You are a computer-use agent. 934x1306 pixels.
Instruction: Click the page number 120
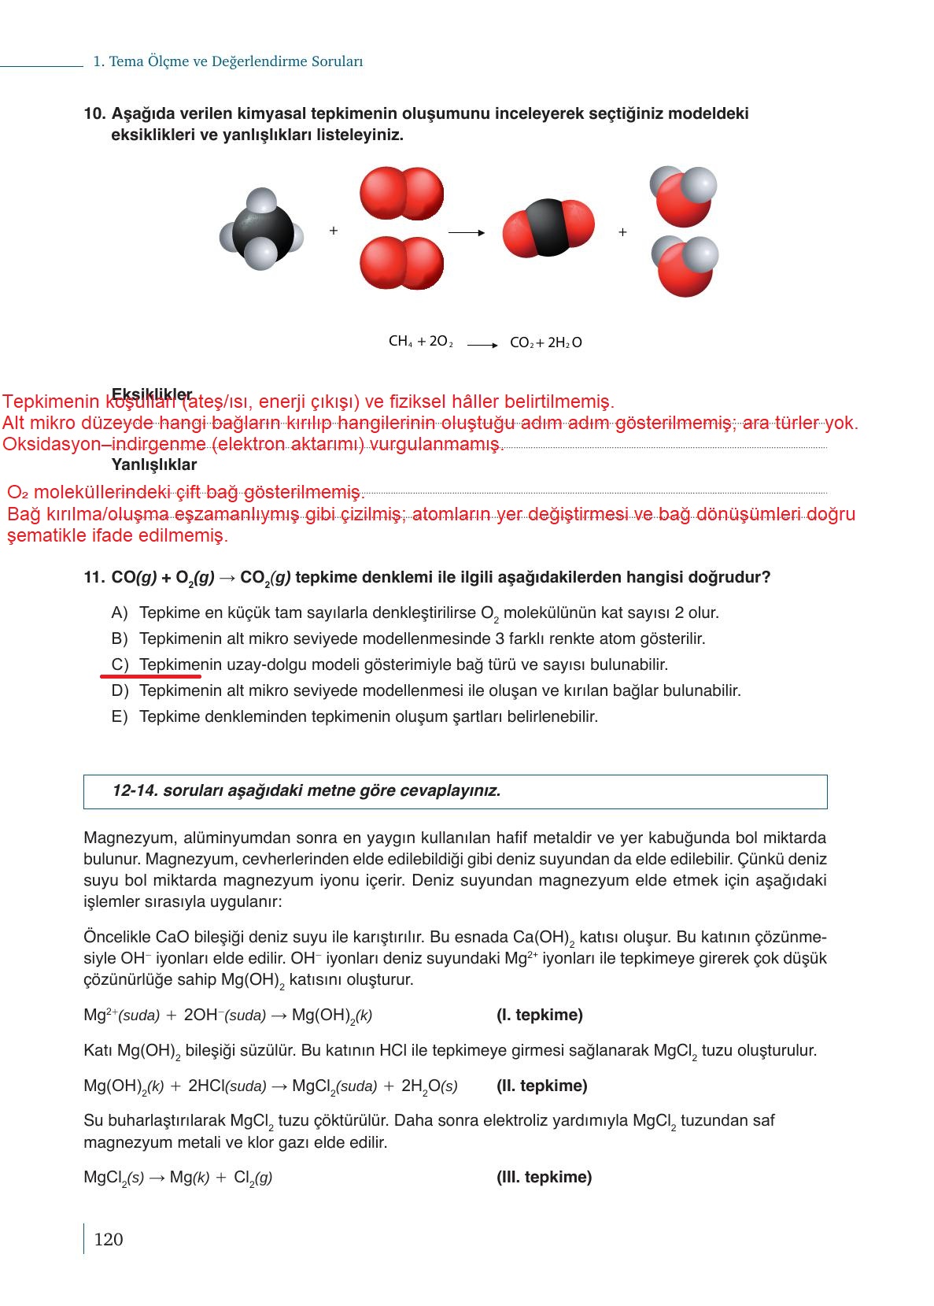click(109, 1239)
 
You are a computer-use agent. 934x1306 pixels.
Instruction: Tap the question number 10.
click(94, 114)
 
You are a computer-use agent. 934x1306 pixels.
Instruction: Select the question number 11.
click(94, 578)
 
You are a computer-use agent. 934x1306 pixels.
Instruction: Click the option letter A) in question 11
click(120, 612)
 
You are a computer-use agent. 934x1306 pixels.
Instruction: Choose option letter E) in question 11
click(120, 717)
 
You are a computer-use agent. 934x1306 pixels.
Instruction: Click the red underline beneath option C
click(150, 675)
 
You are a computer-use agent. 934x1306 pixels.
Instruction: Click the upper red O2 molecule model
click(401, 194)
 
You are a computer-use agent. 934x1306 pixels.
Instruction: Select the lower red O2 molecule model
click(401, 263)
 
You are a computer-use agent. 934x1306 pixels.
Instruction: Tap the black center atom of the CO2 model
click(548, 227)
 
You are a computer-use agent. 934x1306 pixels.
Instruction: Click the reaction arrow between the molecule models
click(466, 232)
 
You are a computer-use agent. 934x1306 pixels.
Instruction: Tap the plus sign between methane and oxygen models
click(334, 231)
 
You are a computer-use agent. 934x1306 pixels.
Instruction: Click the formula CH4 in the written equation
click(401, 342)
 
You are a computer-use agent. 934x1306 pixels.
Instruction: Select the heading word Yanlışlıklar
click(154, 465)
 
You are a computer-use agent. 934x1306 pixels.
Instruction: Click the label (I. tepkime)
click(540, 1015)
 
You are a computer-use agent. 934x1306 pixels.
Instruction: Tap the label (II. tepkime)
click(541, 1086)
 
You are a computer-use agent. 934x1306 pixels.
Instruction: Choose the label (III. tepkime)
click(544, 1177)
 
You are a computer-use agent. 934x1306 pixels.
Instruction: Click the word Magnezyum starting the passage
click(122, 838)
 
